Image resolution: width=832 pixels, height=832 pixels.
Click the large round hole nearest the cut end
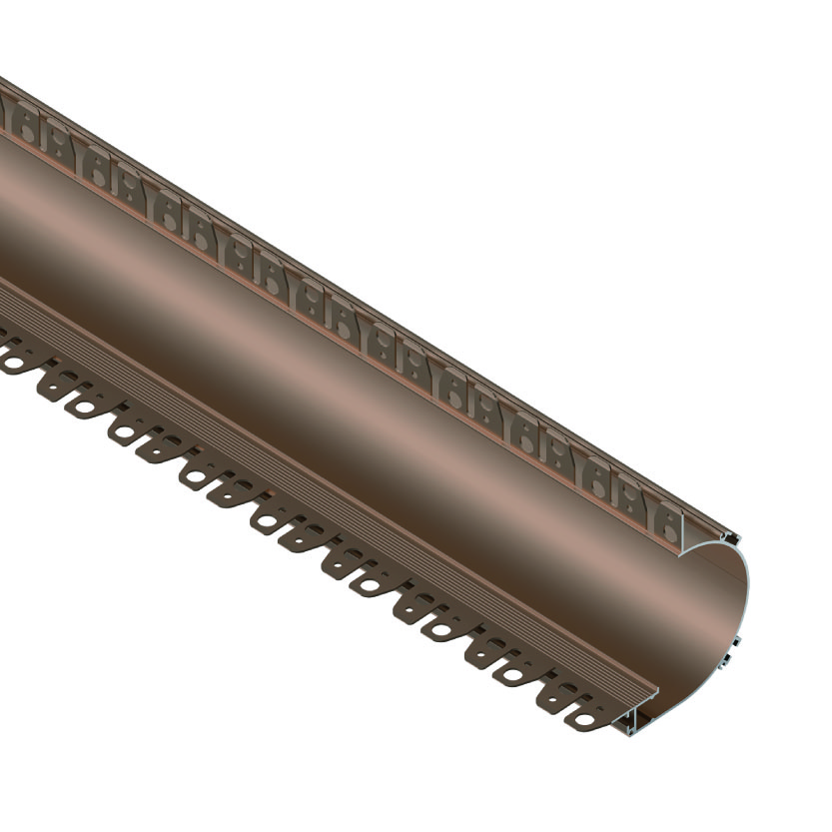point(582,717)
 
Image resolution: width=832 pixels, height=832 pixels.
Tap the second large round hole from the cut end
point(513,675)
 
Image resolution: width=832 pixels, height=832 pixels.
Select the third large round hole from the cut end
point(441,631)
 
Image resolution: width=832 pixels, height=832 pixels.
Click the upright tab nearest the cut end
point(666,520)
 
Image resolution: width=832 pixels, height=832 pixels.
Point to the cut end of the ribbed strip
point(649,692)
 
